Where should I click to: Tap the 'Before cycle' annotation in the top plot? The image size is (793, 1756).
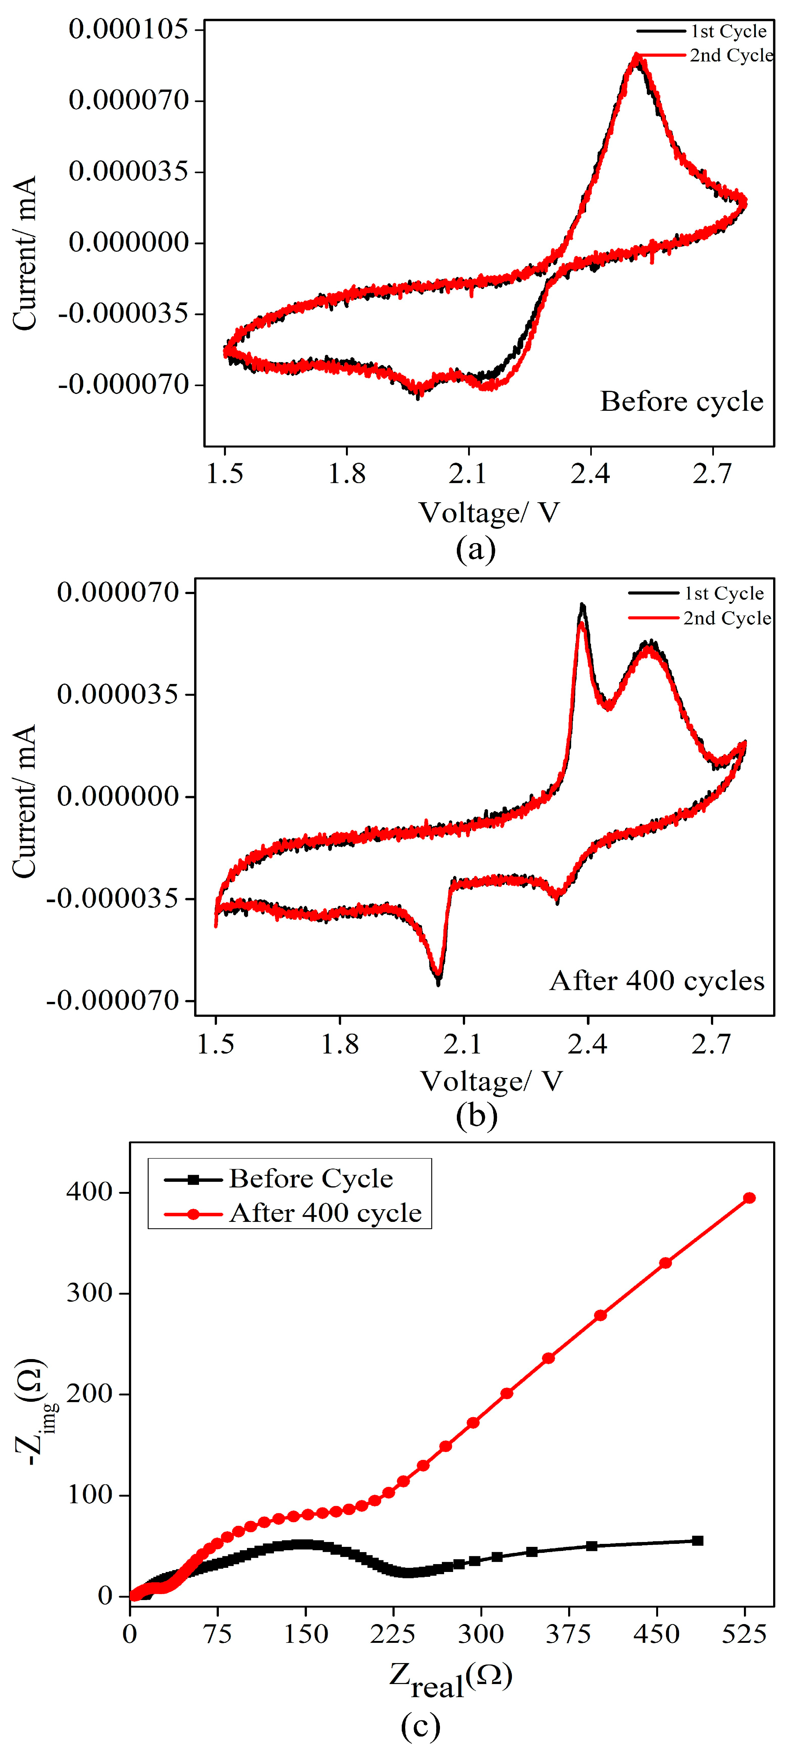pos(681,401)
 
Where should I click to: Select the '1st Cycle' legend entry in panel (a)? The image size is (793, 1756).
pos(728,31)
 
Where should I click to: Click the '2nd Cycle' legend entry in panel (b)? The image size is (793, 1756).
pos(727,618)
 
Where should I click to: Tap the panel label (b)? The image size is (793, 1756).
pos(476,1116)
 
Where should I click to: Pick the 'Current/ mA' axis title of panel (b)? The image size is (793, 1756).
pos(24,801)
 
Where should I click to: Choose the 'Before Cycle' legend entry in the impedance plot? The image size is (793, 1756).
pos(310,1179)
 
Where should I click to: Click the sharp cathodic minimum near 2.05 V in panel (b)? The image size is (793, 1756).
pos(438,979)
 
